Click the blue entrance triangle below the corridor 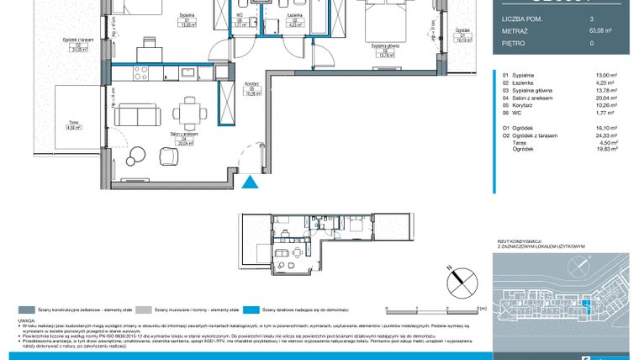pyautogui.click(x=249, y=183)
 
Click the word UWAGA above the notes pyautogui.click(x=25, y=320)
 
